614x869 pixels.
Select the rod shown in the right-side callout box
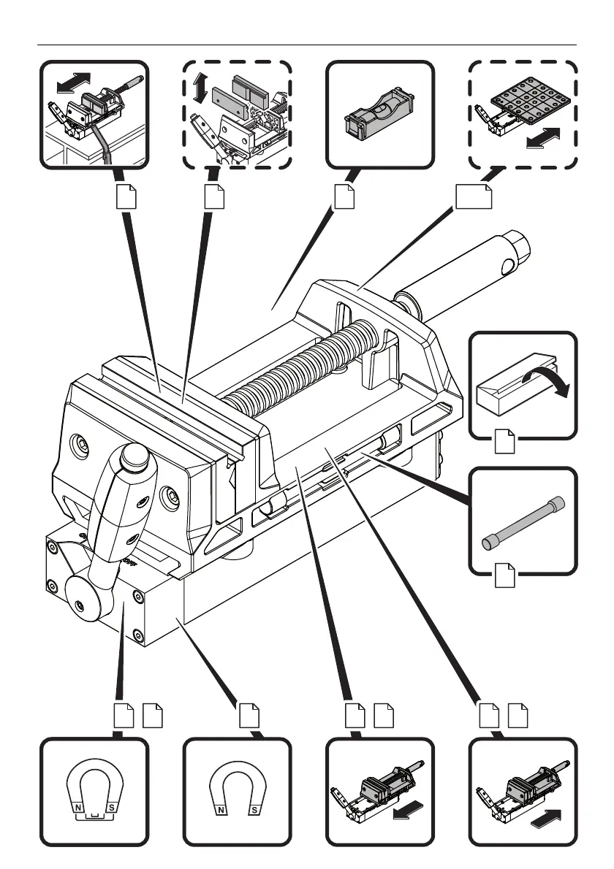coord(521,520)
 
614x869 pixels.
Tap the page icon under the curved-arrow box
coord(504,441)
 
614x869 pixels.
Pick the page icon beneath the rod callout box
coord(504,575)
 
